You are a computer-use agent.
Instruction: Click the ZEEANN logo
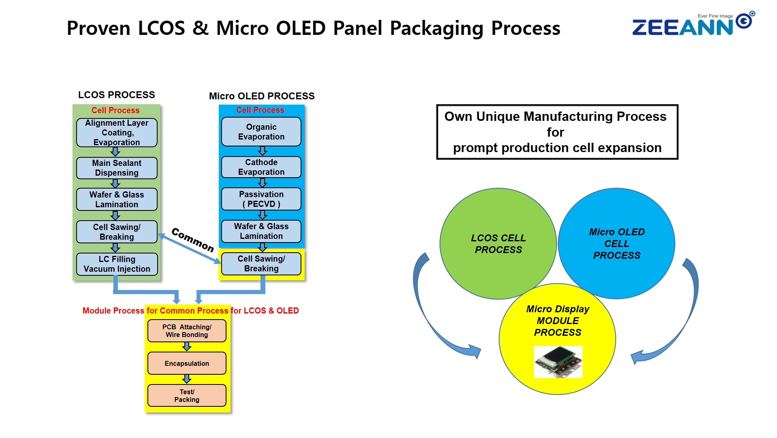tap(693, 24)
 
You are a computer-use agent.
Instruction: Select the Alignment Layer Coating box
tap(117, 133)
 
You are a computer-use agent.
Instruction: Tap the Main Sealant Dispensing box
tap(117, 168)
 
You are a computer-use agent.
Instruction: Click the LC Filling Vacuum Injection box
tap(117, 264)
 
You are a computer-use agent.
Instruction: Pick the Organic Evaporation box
tap(261, 132)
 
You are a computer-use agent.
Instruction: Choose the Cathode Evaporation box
tap(261, 167)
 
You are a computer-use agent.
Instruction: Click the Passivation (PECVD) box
tap(261, 199)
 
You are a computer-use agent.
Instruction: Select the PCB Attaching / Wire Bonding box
tap(187, 331)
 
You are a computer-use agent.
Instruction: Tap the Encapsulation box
tap(187, 363)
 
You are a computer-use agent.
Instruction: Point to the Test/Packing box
tap(187, 395)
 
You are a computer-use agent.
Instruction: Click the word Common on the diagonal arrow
tap(192, 240)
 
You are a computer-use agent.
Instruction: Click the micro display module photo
tap(558, 362)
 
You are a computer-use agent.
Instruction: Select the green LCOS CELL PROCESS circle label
tap(498, 244)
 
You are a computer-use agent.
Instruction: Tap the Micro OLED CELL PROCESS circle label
tap(617, 243)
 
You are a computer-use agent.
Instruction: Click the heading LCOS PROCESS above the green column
tap(117, 95)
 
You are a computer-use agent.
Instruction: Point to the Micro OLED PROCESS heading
tap(262, 96)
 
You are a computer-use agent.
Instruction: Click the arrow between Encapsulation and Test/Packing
tap(187, 379)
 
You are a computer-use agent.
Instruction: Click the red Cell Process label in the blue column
tap(260, 110)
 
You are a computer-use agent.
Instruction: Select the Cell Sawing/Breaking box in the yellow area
tap(261, 264)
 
